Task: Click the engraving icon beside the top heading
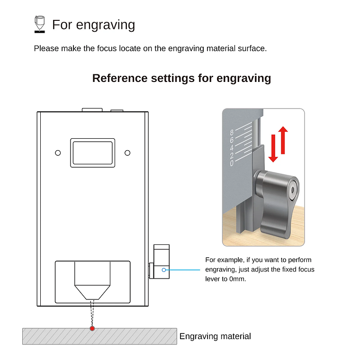coord(40,24)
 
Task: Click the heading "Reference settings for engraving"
coord(181,78)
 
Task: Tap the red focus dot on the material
coord(92,328)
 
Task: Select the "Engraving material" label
coord(215,336)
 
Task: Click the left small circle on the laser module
coord(58,153)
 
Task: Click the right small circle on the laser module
coord(127,153)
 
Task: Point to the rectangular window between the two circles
coord(93,153)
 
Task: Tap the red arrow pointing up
coord(283,140)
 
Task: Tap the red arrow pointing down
coord(273,148)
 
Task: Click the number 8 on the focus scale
coord(231,133)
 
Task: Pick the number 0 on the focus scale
coord(231,163)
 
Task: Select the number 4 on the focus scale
coord(231,148)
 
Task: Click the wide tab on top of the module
coord(92,109)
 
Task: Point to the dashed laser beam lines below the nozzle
coord(92,313)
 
